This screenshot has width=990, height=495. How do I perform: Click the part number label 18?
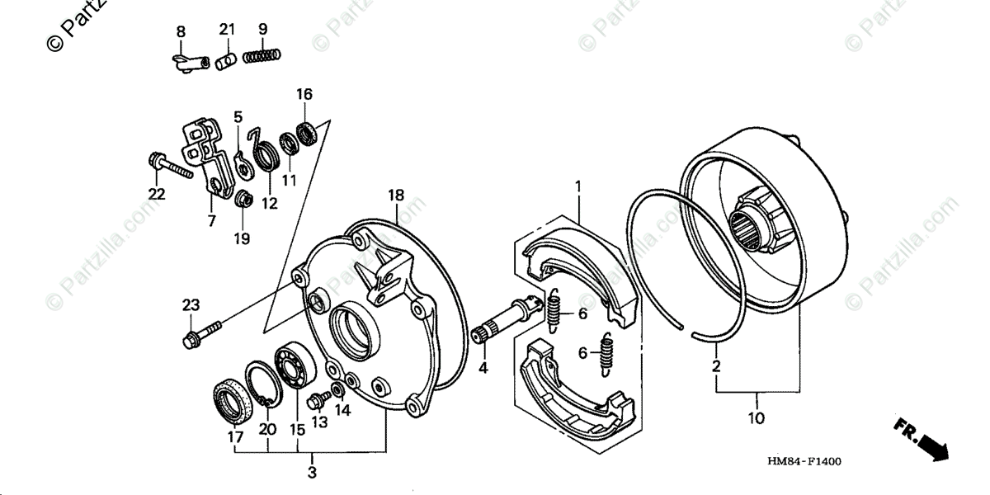[396, 195]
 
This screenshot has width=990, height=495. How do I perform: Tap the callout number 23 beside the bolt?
[191, 305]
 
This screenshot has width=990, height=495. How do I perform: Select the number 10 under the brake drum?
[757, 418]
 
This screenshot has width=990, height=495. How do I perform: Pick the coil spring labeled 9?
[263, 56]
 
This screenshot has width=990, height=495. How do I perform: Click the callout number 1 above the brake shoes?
[578, 186]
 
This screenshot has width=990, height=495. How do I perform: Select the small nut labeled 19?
[243, 200]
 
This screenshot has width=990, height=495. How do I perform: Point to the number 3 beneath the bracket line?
[311, 472]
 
